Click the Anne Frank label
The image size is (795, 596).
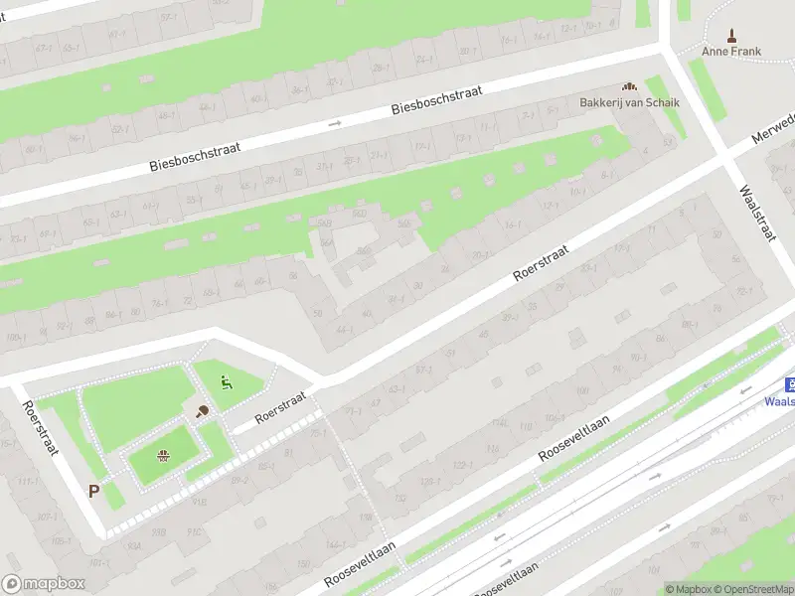click(731, 52)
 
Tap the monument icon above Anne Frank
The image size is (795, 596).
click(732, 35)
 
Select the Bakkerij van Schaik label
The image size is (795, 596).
click(628, 102)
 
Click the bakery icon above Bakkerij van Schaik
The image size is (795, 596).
click(628, 87)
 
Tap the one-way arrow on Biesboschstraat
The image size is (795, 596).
click(335, 124)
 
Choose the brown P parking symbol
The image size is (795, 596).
click(93, 491)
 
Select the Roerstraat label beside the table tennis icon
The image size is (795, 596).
click(281, 406)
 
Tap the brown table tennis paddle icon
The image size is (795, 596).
click(202, 412)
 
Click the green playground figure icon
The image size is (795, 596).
click(227, 380)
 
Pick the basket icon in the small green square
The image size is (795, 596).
click(163, 456)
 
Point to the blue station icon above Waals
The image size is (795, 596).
click(789, 384)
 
